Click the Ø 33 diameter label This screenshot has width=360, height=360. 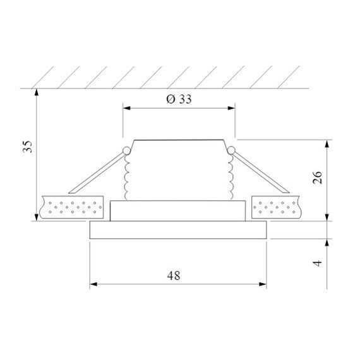pos(179,100)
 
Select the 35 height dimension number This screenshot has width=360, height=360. pos(27,147)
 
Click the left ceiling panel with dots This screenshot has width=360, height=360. pos(71,207)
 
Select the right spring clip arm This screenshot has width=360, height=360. pos(260,172)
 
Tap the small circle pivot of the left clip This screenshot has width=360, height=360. pos(126,150)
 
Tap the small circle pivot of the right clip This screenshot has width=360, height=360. pos(232,150)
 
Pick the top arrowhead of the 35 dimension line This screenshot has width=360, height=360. pos(38,92)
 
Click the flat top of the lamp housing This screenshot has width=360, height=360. pos(179,140)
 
